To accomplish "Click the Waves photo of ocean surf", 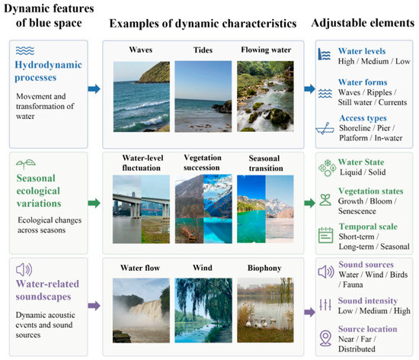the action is [x=142, y=97].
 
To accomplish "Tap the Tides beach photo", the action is [x=203, y=97].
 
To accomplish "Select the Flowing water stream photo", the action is [x=265, y=96].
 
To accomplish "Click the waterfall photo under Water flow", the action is [x=141, y=310].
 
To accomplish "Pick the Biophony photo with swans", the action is [x=265, y=310].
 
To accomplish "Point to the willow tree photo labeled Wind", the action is [x=203, y=310].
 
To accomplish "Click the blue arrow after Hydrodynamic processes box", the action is [x=94, y=88].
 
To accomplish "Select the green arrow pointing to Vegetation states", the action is [x=310, y=203].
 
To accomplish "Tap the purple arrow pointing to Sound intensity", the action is [x=310, y=312].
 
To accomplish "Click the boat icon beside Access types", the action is [x=325, y=129].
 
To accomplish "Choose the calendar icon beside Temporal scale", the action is [x=325, y=235].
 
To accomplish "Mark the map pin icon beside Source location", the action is [x=325, y=338].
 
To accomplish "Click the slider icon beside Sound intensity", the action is [x=325, y=304].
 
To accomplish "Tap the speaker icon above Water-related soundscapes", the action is [x=24, y=269].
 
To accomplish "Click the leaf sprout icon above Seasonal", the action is [x=26, y=164].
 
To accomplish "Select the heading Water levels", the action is [x=362, y=51].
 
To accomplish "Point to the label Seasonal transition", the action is [x=266, y=163].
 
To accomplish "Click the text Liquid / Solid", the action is [x=363, y=172].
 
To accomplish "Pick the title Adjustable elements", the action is [x=363, y=23].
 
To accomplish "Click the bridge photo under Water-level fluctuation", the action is [x=141, y=209].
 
